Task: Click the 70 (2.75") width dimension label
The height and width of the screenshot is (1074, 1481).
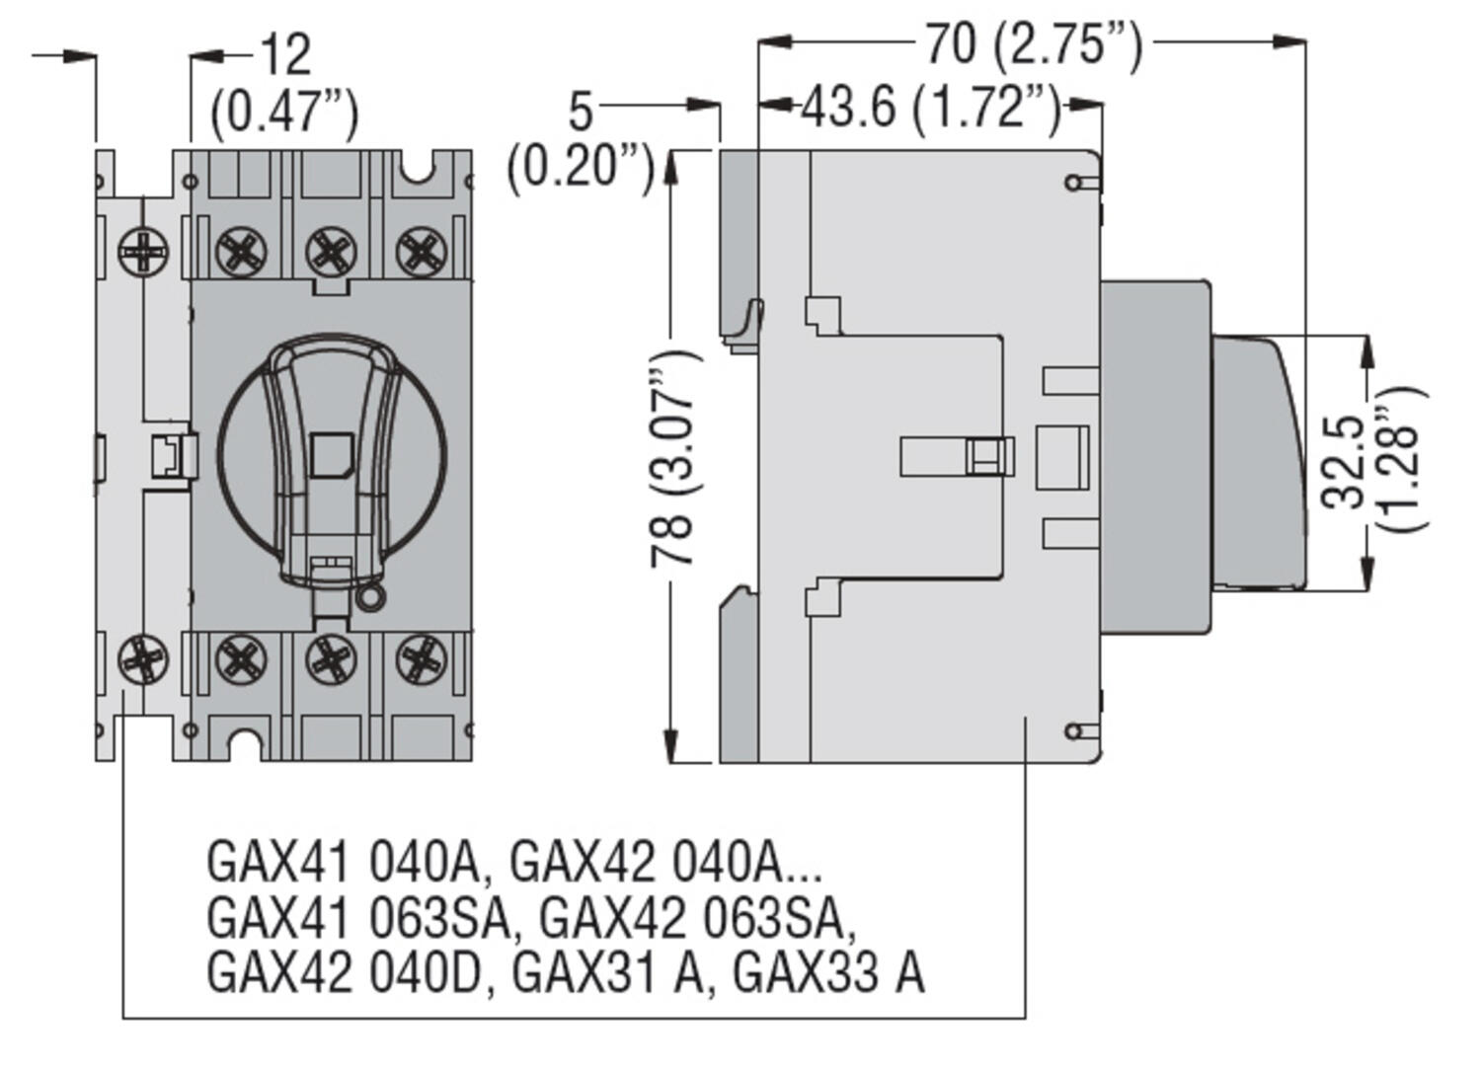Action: tap(1033, 44)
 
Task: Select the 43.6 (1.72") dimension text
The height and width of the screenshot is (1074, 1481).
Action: tap(930, 107)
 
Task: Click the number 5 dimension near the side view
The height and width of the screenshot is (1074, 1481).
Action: tap(581, 112)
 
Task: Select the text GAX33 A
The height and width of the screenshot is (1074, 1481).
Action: tap(828, 972)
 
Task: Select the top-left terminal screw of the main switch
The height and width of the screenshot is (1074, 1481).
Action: tap(241, 251)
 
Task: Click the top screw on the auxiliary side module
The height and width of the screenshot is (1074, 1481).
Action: tap(143, 252)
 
